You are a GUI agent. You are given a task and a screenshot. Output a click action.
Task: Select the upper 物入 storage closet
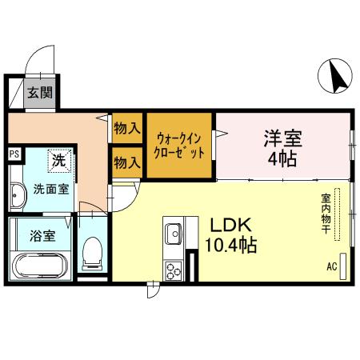click(127, 129)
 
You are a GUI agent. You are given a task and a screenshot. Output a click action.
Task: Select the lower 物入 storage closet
click(127, 162)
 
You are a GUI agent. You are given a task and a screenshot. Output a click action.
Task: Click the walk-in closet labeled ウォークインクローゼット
click(180, 144)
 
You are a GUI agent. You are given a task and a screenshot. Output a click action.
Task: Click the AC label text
click(331, 267)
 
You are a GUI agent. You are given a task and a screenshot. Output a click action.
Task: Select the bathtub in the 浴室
click(41, 265)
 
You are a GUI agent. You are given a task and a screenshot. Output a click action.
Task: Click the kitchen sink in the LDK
click(174, 234)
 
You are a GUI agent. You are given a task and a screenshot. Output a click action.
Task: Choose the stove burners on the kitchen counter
click(174, 270)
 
